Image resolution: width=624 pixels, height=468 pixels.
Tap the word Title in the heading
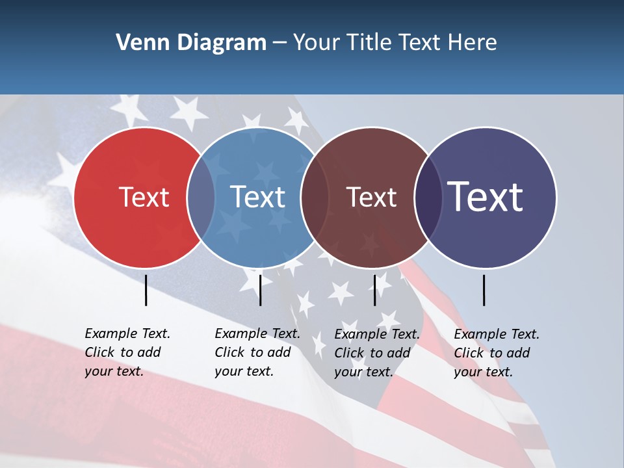[368, 43]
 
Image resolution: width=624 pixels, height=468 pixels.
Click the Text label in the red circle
[144, 198]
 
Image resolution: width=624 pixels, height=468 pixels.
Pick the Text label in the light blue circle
[257, 198]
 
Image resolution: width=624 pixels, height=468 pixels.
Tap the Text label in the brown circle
[371, 198]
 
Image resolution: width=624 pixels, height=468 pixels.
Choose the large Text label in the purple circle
[486, 196]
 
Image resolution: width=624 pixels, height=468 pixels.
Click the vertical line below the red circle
[146, 290]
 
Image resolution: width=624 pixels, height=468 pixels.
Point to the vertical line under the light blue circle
[260, 290]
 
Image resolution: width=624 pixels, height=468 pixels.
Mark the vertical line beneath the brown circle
[374, 290]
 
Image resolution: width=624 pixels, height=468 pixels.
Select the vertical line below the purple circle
[484, 290]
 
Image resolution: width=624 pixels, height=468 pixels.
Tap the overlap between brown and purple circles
[428, 198]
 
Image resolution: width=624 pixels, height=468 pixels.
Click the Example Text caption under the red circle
[127, 352]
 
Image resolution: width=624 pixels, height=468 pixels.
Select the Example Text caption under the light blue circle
[257, 352]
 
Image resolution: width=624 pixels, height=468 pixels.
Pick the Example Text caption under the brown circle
[377, 353]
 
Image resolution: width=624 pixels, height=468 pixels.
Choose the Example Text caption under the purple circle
[497, 353]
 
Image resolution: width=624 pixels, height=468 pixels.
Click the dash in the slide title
[279, 43]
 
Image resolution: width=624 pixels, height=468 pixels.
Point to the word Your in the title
[315, 43]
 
